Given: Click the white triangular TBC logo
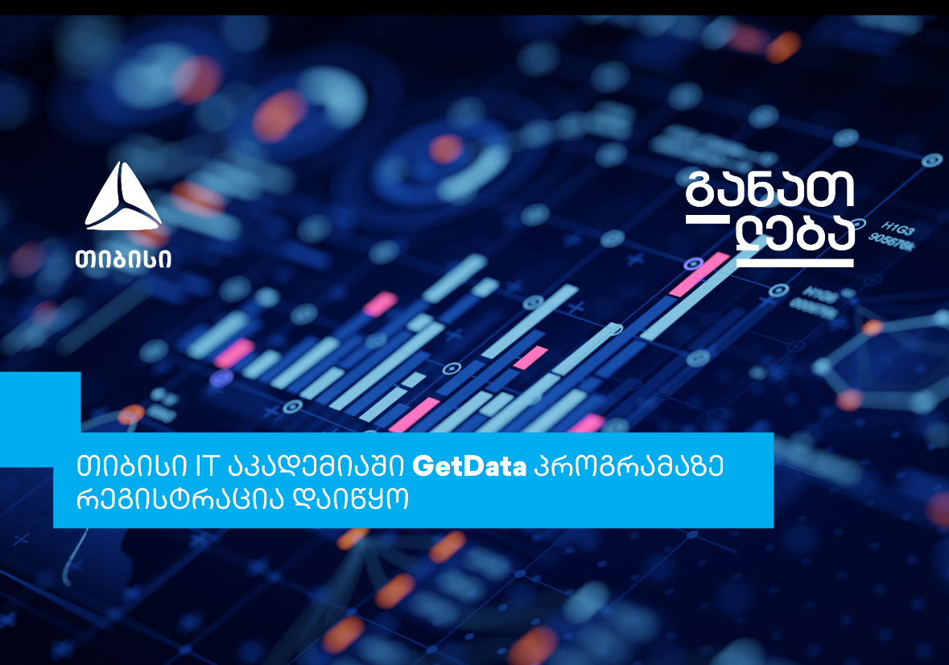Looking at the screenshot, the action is tap(123, 196).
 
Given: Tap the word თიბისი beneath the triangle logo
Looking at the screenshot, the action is tap(123, 259).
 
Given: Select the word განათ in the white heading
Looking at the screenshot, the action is tap(770, 189).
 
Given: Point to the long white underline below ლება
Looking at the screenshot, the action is tap(794, 263).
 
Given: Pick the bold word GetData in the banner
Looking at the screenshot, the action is tap(469, 466).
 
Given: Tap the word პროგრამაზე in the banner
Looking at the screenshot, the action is tap(629, 466).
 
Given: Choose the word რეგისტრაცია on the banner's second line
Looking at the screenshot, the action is tap(180, 500).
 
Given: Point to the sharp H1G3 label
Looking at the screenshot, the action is tap(897, 229).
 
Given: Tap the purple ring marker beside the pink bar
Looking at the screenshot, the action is tap(693, 264).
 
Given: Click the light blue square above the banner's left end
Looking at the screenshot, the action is tap(40, 402).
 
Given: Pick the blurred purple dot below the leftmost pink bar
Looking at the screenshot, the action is tap(221, 378).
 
